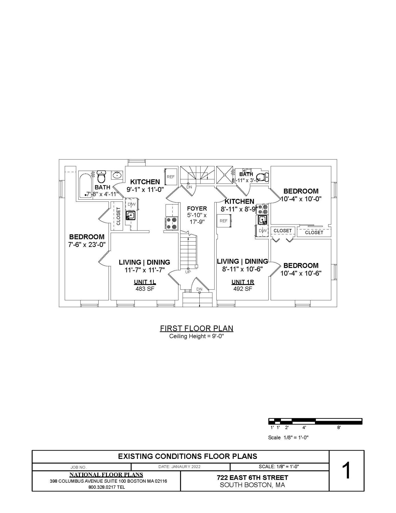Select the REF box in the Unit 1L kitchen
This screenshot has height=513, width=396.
pos(171,177)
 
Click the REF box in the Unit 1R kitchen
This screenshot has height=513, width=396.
pos(224,221)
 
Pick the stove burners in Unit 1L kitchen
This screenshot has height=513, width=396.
pos(172,223)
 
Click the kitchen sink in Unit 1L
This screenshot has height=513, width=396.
pos(130,215)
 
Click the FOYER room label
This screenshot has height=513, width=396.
pos(197,208)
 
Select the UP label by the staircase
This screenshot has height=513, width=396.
pos(188,272)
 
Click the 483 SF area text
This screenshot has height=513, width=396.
pos(145,289)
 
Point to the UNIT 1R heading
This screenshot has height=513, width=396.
pos(243,282)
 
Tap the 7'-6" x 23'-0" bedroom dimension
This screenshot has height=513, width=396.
pos(87,244)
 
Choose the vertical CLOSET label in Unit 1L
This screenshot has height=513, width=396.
pos(118,216)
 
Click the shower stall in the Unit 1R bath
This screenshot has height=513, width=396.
pos(224,175)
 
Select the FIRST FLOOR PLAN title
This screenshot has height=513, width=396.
pos(196,328)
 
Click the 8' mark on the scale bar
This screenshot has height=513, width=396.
pos(339,428)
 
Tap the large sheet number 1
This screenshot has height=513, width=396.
pos(347,471)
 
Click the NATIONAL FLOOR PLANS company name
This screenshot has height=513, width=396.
pos(106,475)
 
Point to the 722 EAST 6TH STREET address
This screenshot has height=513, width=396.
pos(252,478)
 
